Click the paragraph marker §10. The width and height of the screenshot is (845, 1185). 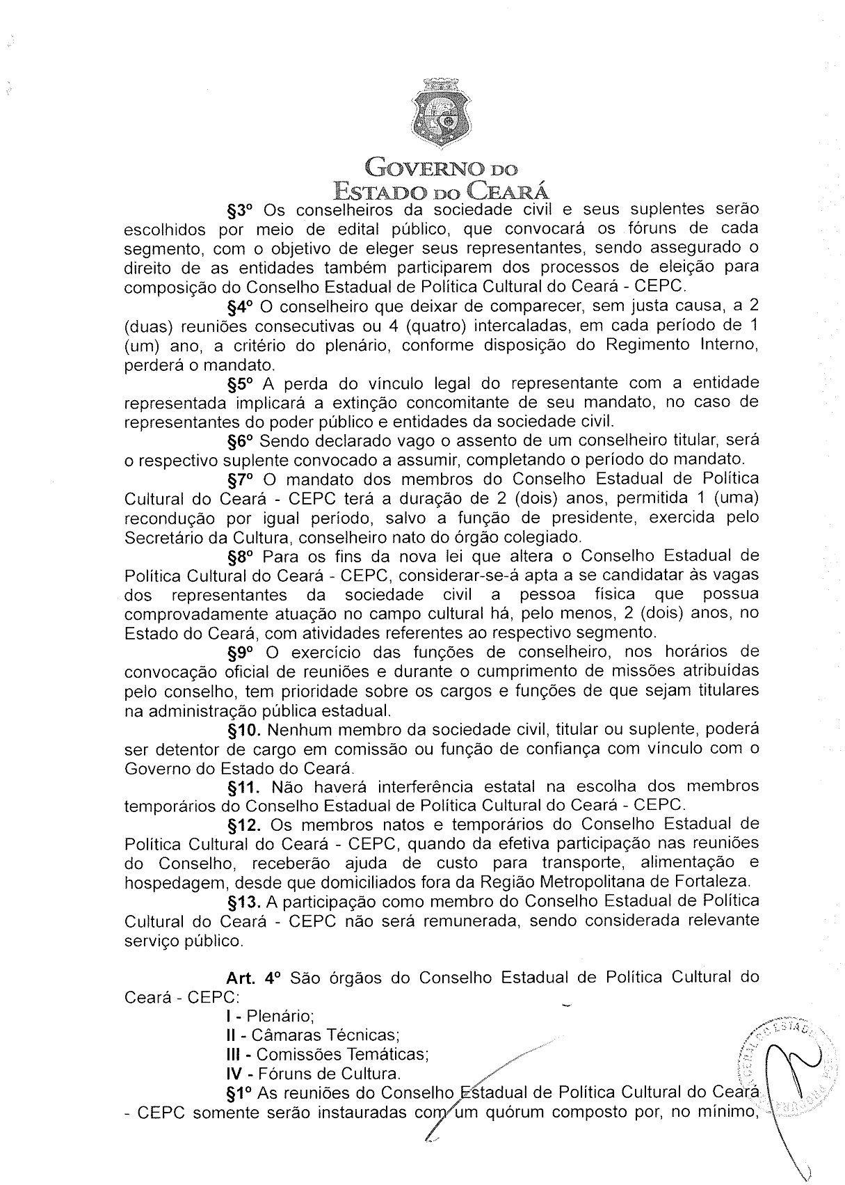245,730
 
